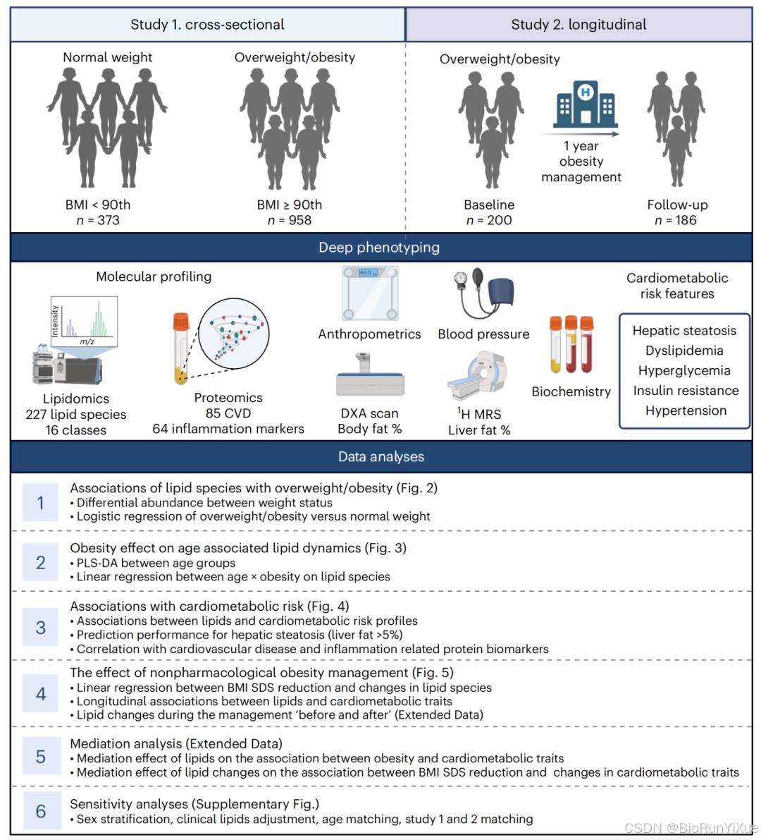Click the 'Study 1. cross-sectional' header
click(207, 25)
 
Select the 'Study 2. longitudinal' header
click(579, 25)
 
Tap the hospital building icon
click(585, 105)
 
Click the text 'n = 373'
click(98, 220)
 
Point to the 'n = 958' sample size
click(289, 220)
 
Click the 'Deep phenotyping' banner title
click(379, 248)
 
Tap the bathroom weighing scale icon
click(370, 293)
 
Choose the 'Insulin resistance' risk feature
click(686, 391)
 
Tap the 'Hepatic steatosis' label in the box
click(684, 331)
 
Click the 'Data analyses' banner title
click(381, 457)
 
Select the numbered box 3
click(41, 628)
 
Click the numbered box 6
click(41, 811)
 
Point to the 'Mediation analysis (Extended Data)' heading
click(176, 743)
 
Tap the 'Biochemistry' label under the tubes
click(571, 391)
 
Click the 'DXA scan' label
click(369, 413)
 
